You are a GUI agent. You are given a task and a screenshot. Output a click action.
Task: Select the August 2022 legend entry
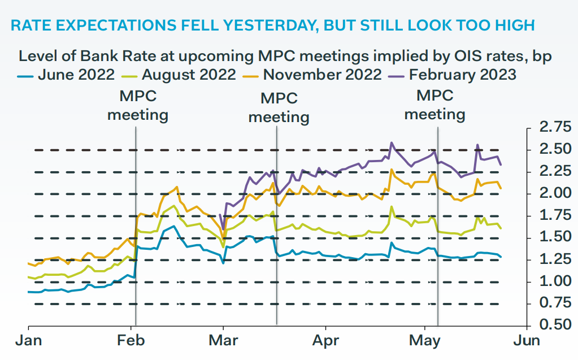coord(180,75)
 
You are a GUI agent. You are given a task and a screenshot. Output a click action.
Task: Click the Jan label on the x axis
coord(28,341)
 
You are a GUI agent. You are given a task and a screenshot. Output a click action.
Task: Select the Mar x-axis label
coord(224,341)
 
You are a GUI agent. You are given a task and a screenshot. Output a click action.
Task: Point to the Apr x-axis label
coord(325,341)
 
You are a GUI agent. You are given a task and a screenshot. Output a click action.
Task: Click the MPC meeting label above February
coord(138,106)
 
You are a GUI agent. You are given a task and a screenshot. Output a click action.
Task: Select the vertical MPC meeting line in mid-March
coord(276,226)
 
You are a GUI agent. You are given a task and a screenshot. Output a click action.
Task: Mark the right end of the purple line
coord(501,164)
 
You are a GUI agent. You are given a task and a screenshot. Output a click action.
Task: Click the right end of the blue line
coord(501,257)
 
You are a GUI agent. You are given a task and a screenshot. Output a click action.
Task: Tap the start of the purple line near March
coord(220,215)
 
